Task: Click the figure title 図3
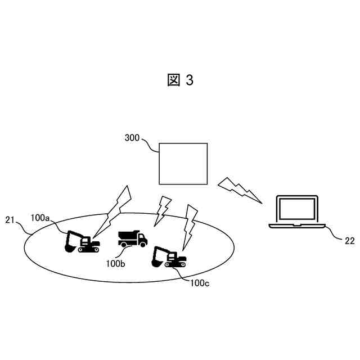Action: coord(180,80)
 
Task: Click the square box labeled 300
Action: coord(183,163)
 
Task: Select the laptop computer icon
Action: coord(296,212)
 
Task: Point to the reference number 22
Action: coord(349,240)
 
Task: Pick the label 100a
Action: coord(40,218)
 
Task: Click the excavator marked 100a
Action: coord(82,241)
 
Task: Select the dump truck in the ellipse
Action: coord(133,239)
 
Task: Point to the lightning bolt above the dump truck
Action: coord(163,208)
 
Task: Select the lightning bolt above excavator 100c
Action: coord(191,222)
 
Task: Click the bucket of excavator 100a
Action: coord(70,246)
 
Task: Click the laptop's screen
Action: coord(296,209)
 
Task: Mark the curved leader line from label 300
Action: coord(151,143)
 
